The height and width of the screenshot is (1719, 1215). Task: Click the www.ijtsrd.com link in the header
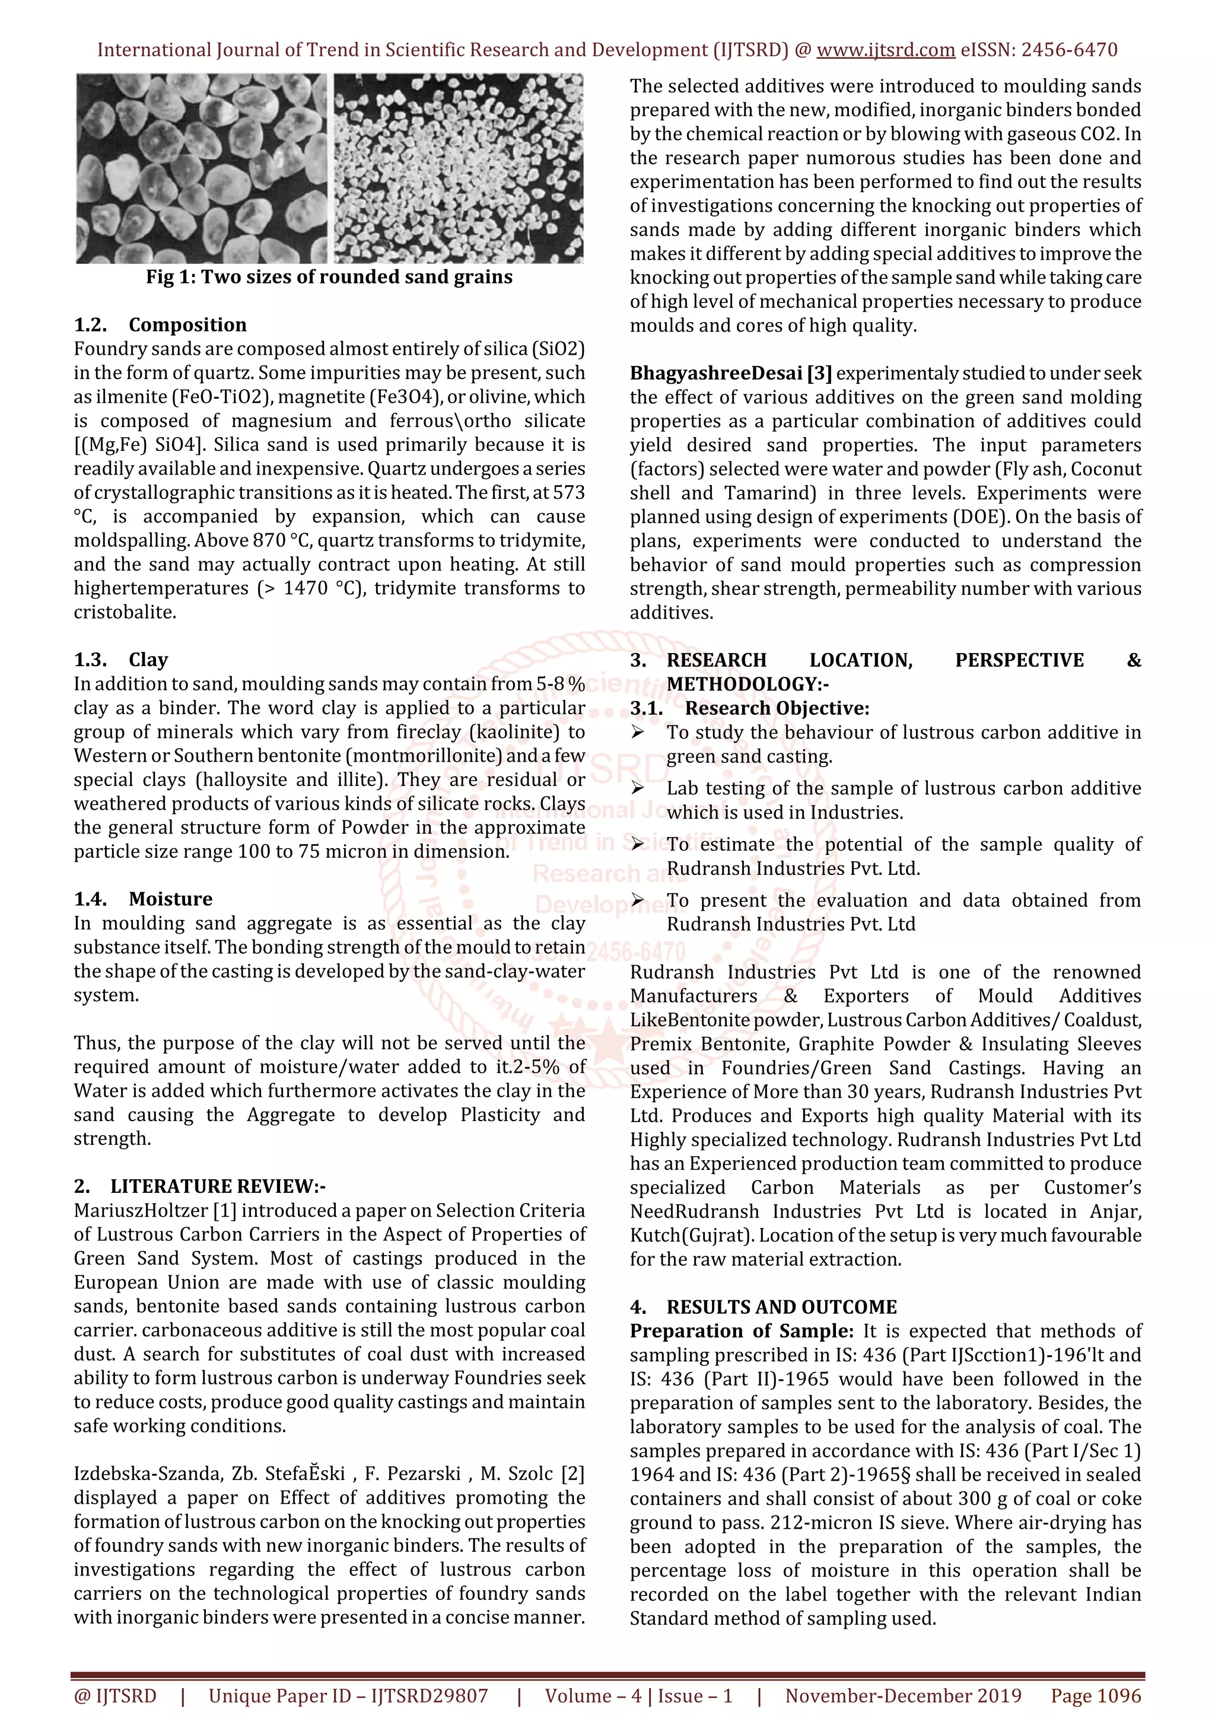click(x=885, y=50)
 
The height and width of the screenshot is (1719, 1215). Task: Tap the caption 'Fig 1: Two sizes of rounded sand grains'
click(x=329, y=277)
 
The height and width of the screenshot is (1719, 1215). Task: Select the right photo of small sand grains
click(x=458, y=168)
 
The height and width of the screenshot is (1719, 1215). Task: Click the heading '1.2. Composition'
click(x=160, y=325)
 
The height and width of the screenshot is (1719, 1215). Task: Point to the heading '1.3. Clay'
click(x=121, y=660)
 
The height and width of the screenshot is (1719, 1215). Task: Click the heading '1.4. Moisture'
click(x=143, y=899)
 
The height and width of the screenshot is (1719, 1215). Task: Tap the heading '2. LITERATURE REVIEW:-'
click(x=200, y=1186)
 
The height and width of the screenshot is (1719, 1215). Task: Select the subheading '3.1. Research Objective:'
click(x=750, y=708)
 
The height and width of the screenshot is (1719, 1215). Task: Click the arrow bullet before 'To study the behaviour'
click(x=637, y=732)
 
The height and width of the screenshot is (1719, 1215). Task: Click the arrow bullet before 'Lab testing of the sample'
click(x=637, y=788)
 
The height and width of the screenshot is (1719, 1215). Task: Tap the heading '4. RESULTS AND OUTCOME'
click(x=764, y=1307)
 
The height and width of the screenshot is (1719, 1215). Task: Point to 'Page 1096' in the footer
click(x=1095, y=1696)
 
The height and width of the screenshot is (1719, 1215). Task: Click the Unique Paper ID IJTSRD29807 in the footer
click(x=348, y=1696)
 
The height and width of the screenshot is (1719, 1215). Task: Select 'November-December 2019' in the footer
click(x=903, y=1696)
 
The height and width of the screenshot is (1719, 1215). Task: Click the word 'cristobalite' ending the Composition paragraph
click(x=124, y=612)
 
